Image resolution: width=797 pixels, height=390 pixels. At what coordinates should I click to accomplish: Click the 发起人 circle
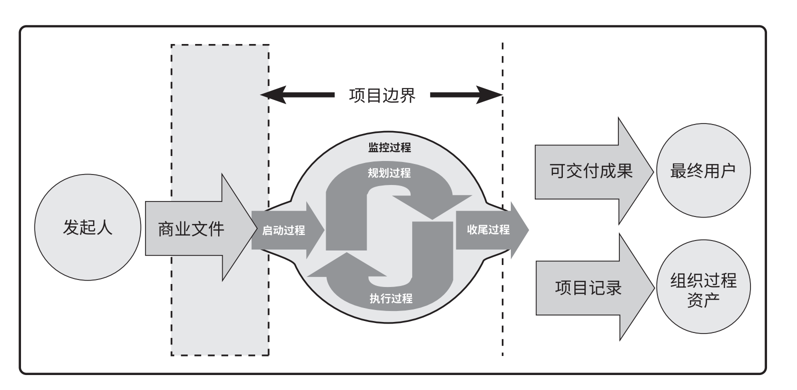88,227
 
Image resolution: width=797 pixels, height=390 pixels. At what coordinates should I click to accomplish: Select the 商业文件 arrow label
191,229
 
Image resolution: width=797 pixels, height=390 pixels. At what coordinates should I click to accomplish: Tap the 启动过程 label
284,230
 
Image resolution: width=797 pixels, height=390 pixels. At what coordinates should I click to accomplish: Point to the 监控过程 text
389,147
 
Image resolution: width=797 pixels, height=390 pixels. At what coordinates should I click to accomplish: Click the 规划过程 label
389,173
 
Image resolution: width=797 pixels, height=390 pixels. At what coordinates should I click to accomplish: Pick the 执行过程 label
391,298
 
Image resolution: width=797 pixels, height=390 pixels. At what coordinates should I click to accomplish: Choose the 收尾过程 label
488,229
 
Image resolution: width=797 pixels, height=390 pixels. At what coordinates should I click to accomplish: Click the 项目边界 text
382,94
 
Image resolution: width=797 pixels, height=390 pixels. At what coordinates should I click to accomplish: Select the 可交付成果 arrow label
591,171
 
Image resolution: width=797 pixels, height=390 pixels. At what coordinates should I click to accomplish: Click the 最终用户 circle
703,171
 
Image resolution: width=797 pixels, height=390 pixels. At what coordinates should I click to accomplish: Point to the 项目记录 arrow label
588,288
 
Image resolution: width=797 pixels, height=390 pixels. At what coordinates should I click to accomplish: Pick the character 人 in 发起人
104,227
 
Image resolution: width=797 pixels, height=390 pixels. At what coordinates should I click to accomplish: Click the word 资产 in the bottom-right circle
703,299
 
